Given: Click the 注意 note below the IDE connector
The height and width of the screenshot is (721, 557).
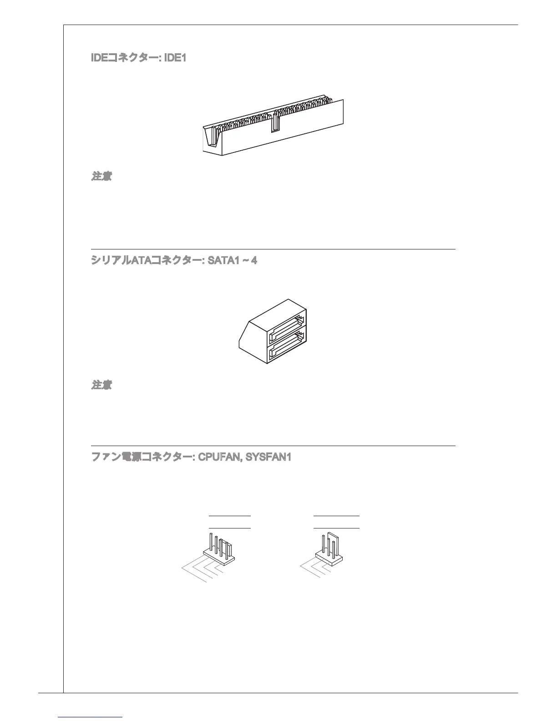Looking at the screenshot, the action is (x=102, y=176).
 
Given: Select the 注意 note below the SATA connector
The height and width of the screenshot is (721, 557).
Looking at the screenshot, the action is (x=102, y=385).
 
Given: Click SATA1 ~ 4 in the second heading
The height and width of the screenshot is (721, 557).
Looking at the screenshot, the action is (x=232, y=261).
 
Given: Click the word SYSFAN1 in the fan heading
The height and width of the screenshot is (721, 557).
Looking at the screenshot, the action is (x=268, y=457).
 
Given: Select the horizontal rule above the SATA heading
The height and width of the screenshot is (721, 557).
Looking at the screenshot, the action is (x=273, y=249).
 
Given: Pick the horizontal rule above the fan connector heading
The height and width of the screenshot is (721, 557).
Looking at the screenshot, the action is (x=273, y=446).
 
